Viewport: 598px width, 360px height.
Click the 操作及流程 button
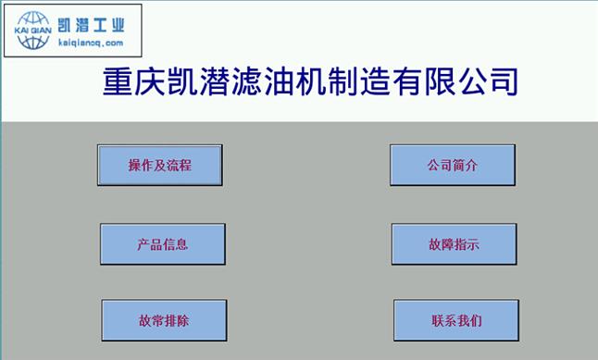click(160, 166)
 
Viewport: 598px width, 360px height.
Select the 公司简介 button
click(452, 166)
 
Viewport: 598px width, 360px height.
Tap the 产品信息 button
click(162, 244)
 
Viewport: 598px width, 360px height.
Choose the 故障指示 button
click(454, 244)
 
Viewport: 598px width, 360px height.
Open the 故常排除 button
click(164, 321)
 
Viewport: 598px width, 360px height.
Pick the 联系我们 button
click(455, 321)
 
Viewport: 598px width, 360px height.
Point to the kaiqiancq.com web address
click(90, 43)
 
